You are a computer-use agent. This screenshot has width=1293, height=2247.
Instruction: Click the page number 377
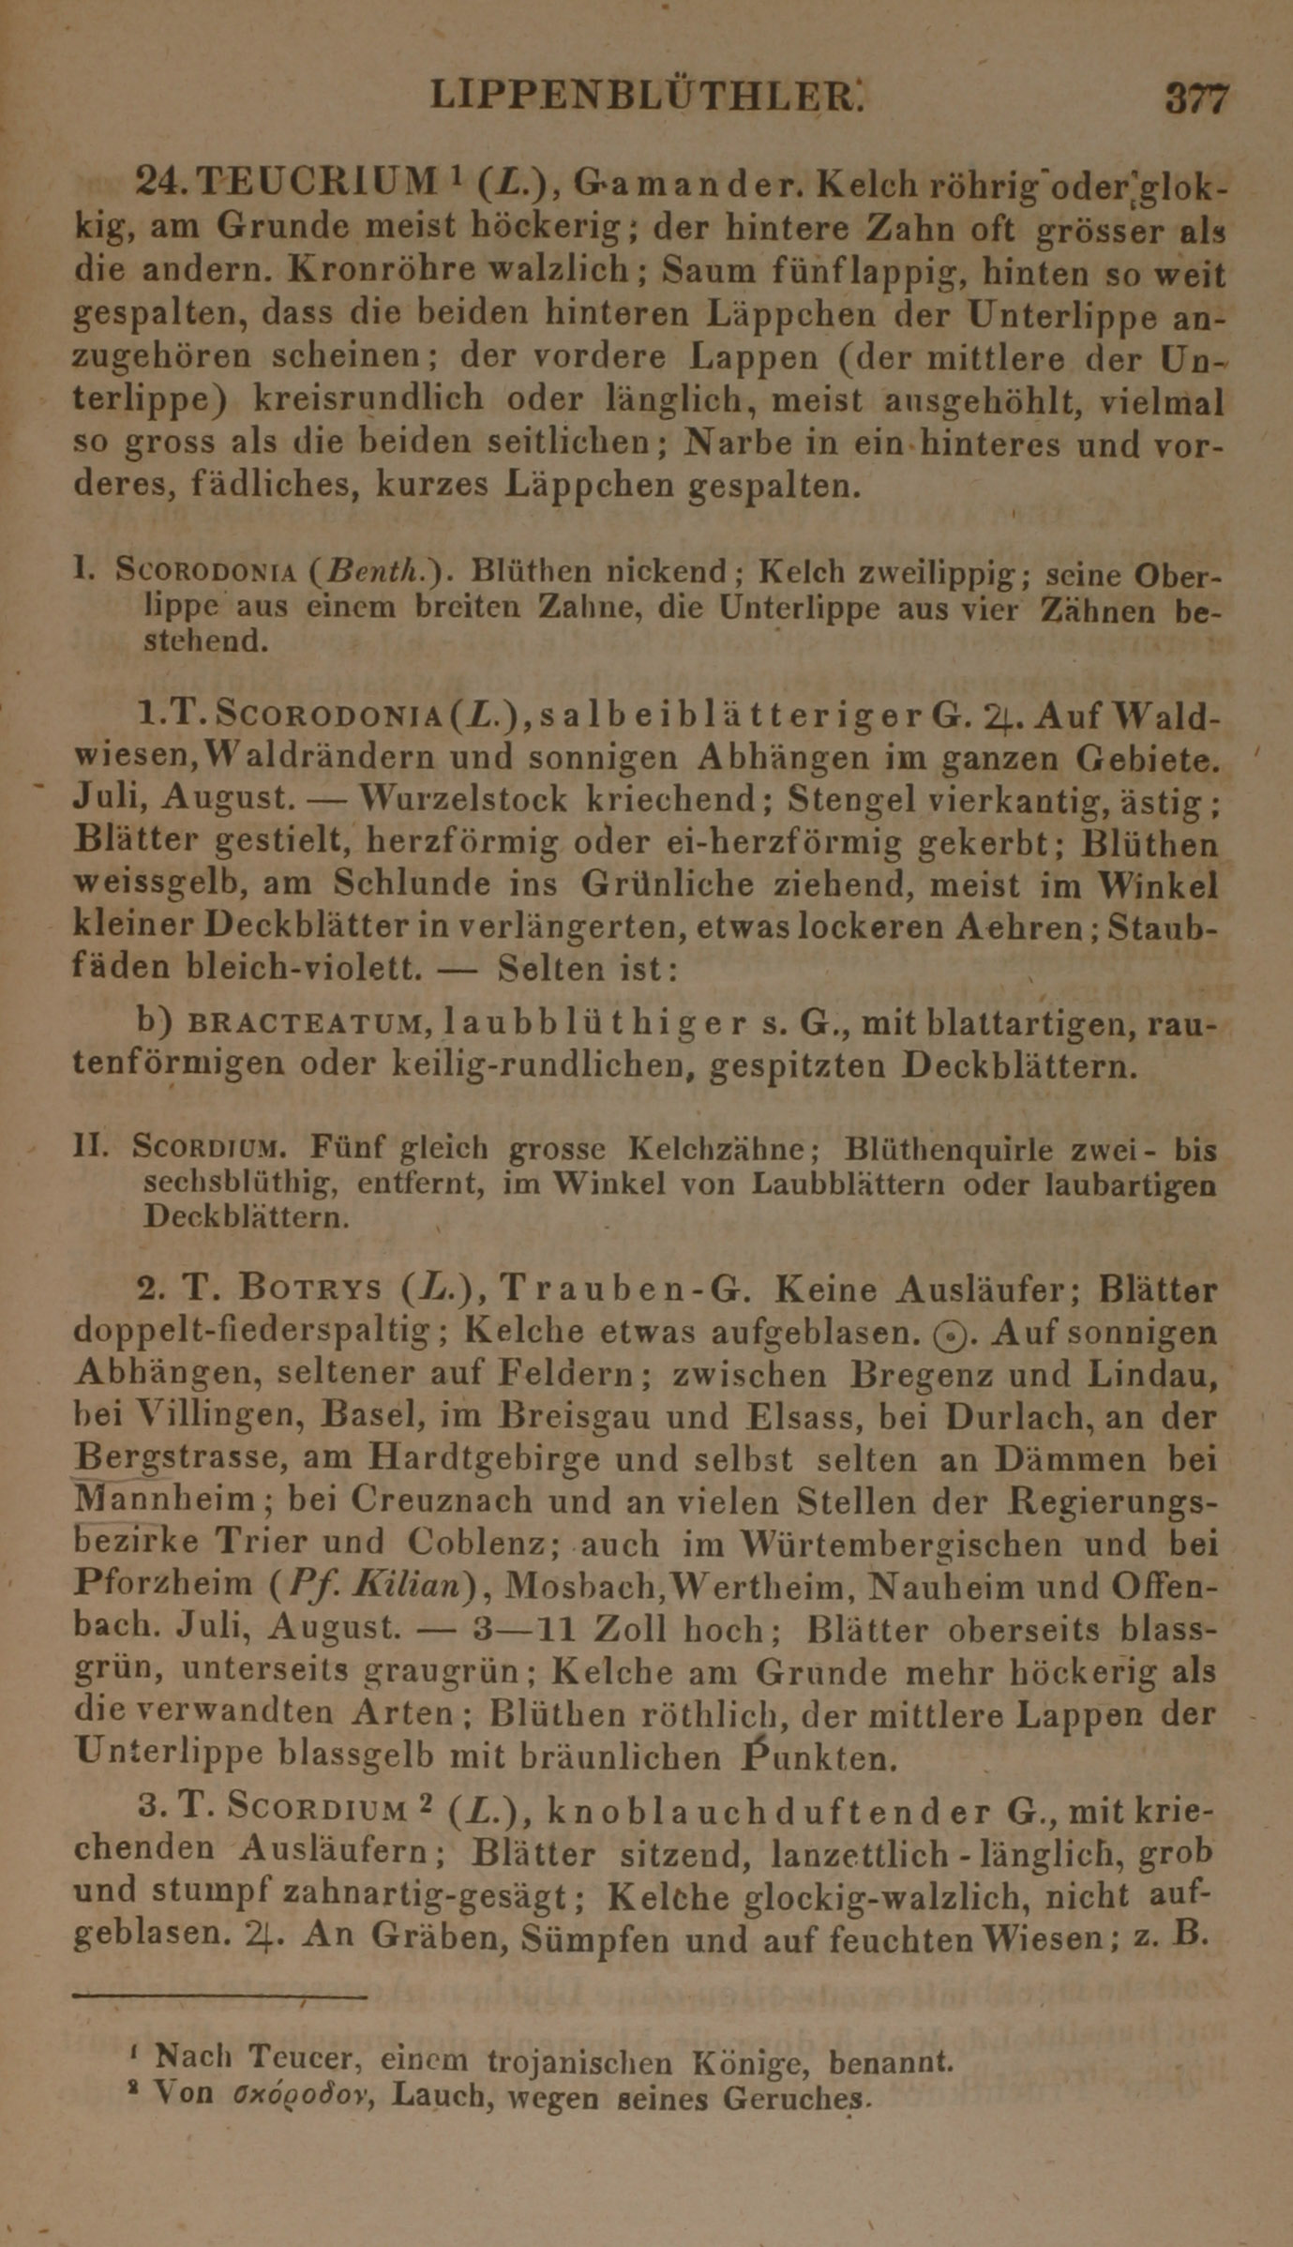(x=1196, y=98)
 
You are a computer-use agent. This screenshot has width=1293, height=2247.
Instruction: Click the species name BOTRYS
(x=310, y=1289)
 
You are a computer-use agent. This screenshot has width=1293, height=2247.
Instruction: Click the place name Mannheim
(x=163, y=1501)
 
